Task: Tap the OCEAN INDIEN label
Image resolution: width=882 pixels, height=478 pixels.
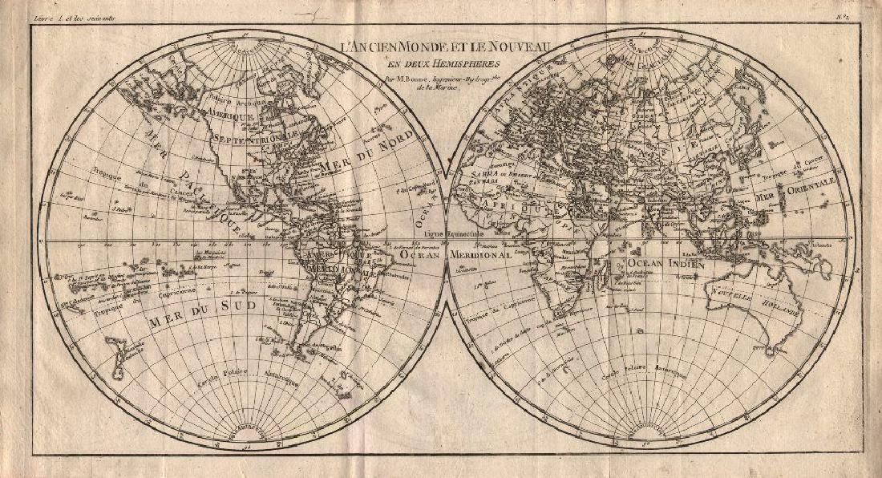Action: pyautogui.click(x=666, y=262)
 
